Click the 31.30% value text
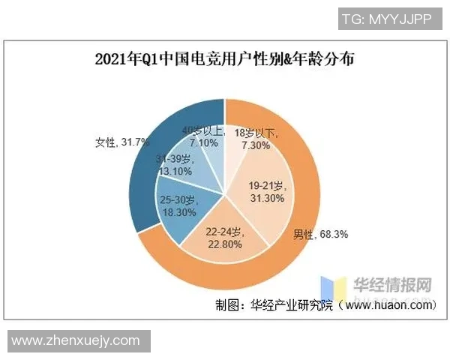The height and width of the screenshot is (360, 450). click(x=266, y=197)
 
